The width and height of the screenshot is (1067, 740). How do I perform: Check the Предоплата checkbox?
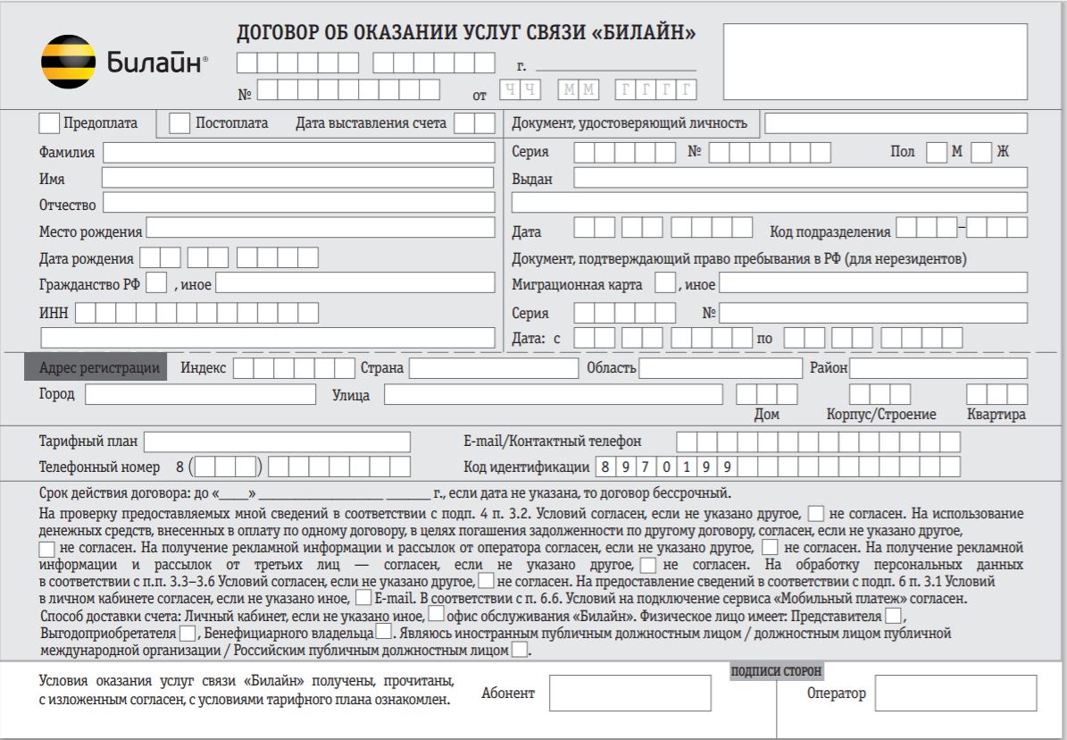coord(52,122)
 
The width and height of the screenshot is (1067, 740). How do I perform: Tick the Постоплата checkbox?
coord(179,122)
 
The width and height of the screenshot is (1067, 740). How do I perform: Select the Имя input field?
coord(297,178)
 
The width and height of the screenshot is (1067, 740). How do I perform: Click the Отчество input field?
coord(298,203)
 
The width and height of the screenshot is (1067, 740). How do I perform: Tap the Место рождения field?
coord(321,228)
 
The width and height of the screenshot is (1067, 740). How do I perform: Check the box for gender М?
coord(936,153)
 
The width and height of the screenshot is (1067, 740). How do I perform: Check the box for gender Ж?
coord(981,153)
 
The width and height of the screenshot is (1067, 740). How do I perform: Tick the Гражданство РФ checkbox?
coord(156,284)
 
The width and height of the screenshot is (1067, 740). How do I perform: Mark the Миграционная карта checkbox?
coord(664,284)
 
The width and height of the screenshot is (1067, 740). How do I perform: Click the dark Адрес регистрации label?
coord(98,368)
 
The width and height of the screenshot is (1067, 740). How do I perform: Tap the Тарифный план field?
coord(278,441)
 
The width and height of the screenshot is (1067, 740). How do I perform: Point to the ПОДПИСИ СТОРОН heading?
coord(776,670)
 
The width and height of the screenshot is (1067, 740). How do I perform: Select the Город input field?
coord(200,394)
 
